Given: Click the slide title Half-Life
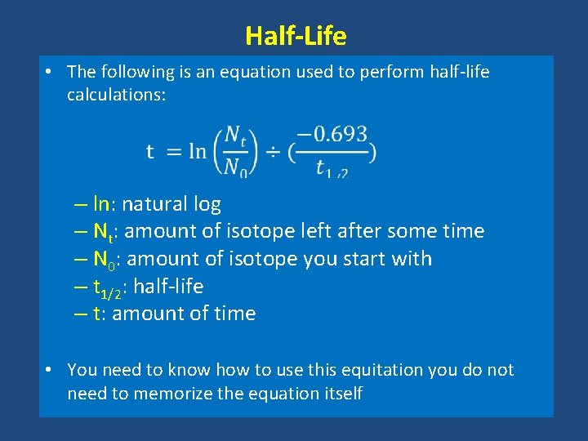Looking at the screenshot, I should click(295, 36).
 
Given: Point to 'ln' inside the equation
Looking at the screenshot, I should click(197, 151).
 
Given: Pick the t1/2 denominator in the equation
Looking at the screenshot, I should click(332, 169).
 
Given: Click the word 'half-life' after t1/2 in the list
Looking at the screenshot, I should click(167, 287).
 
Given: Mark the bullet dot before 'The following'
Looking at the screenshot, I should click(51, 72).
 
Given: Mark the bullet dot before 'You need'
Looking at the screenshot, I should click(51, 370).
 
